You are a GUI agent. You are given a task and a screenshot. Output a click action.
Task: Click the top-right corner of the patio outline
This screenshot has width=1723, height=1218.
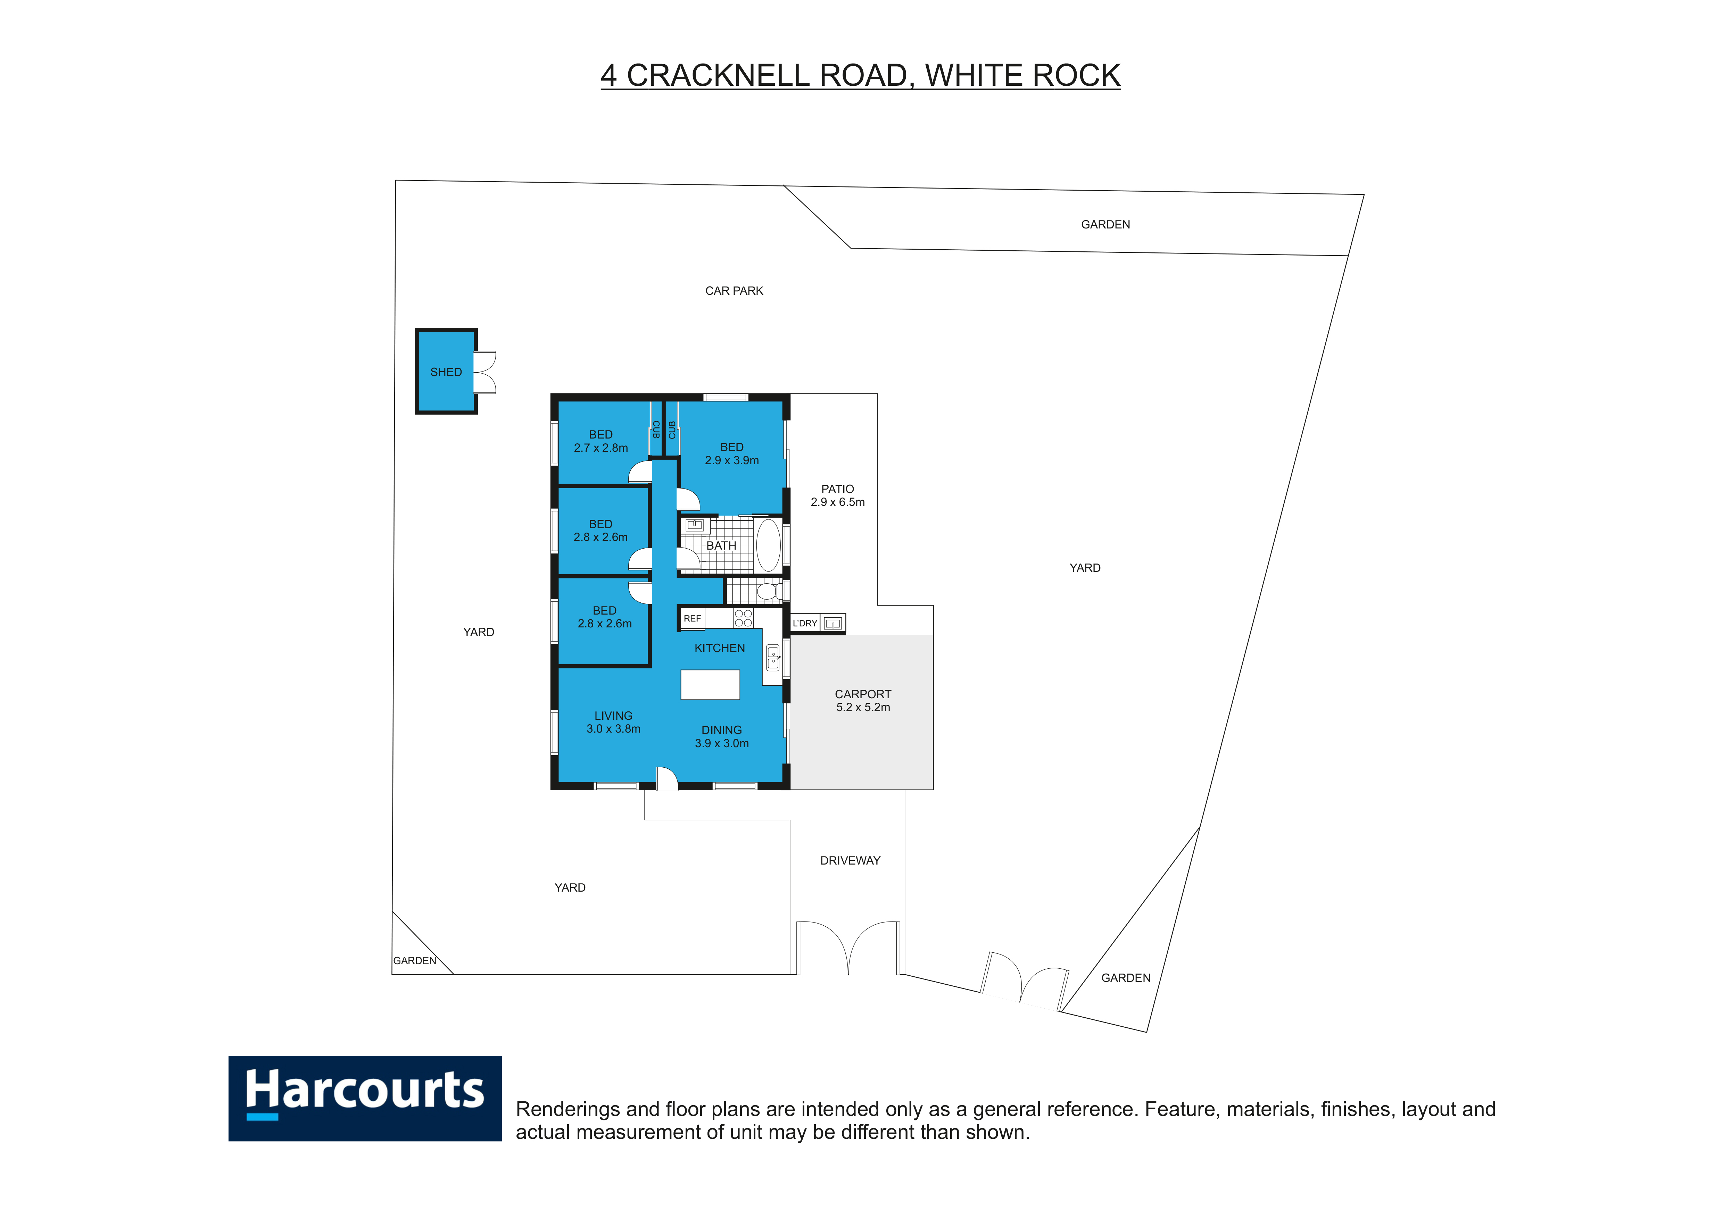(x=877, y=394)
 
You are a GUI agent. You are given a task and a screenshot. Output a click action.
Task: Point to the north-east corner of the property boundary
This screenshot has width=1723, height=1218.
(x=1364, y=195)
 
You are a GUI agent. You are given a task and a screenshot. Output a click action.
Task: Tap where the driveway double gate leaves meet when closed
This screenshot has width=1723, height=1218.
(x=848, y=974)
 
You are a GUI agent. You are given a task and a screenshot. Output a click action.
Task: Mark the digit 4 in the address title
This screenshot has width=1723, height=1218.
(x=608, y=76)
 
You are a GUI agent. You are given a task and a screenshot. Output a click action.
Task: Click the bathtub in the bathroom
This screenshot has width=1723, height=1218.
(x=768, y=545)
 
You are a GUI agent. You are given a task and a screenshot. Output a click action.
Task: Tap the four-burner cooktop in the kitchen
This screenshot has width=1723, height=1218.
(x=743, y=618)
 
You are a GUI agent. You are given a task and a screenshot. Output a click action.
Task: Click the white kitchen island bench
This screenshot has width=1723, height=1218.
(x=710, y=685)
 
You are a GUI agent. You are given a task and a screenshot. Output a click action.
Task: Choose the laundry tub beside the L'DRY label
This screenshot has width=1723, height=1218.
(x=832, y=623)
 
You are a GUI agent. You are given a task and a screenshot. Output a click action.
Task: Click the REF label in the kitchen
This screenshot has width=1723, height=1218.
(x=692, y=619)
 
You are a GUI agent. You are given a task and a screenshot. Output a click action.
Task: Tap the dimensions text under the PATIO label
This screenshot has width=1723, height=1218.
(x=837, y=502)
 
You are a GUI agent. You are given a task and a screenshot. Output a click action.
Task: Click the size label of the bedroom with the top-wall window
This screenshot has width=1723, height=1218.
(x=732, y=460)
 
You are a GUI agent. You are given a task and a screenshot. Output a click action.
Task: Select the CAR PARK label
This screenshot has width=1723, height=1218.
(x=734, y=291)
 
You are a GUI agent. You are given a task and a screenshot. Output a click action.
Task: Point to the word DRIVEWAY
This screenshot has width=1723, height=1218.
(x=850, y=860)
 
